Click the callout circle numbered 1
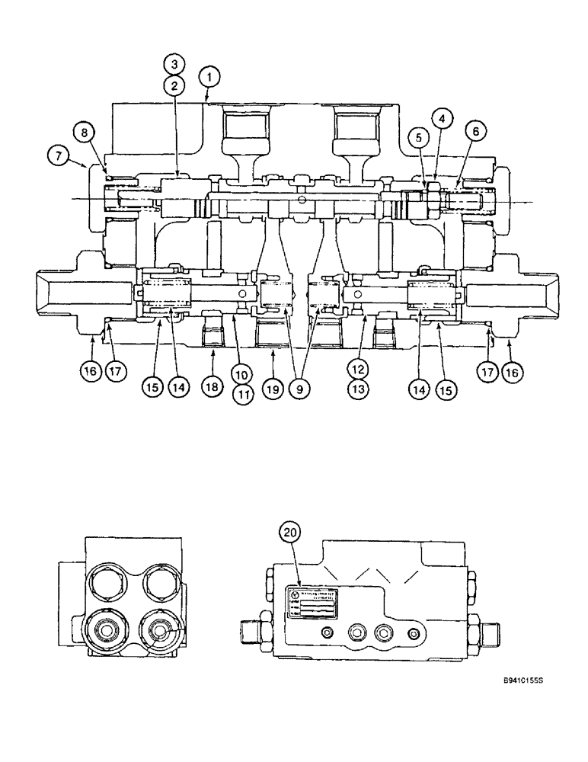click(x=209, y=76)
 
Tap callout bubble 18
click(x=212, y=386)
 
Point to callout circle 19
click(x=273, y=386)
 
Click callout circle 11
click(x=242, y=394)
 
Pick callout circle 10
click(x=242, y=374)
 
